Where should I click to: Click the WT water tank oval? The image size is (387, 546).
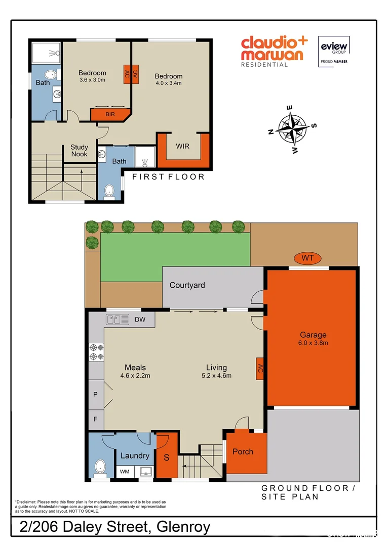[308, 258]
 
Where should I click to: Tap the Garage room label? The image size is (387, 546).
[313, 335]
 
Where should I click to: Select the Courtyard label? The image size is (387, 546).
[187, 285]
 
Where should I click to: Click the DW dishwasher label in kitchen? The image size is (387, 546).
[140, 320]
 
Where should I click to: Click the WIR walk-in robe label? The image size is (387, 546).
[182, 146]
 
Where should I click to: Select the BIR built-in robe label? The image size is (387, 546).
[110, 114]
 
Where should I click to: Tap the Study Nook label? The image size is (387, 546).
[79, 151]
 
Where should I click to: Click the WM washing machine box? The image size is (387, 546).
[124, 472]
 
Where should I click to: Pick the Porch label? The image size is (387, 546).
[243, 451]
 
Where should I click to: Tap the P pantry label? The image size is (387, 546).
[95, 394]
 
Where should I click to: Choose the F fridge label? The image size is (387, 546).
[95, 419]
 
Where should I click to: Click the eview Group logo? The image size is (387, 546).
[332, 51]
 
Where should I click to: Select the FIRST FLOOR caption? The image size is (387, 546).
[168, 176]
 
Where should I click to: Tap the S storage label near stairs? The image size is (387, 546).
[167, 459]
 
